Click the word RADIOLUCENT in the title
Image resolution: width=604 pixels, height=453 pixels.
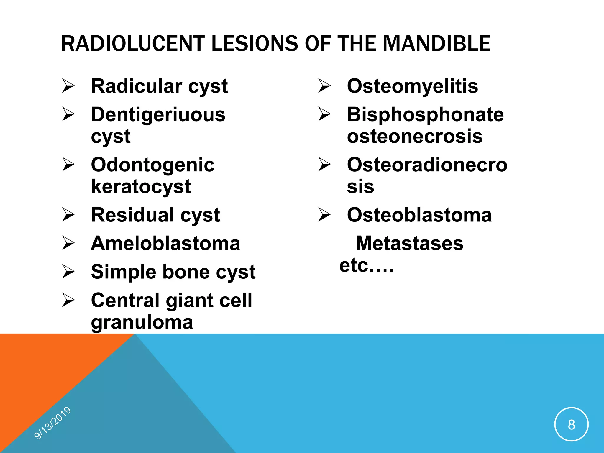click(x=132, y=44)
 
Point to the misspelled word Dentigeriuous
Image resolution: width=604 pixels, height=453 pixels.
click(x=158, y=114)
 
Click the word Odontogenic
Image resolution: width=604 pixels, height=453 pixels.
click(x=153, y=165)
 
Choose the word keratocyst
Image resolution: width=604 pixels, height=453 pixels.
click(x=141, y=186)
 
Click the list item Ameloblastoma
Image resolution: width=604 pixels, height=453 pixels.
click(x=165, y=243)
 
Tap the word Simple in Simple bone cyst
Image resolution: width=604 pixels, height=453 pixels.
click(x=124, y=272)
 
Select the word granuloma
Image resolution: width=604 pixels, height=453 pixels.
click(x=142, y=322)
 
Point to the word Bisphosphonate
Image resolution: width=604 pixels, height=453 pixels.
click(x=425, y=114)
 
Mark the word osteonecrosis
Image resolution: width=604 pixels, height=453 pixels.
click(x=415, y=136)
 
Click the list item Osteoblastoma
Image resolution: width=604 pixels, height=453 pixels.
click(x=419, y=215)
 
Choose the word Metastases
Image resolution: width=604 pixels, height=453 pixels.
click(x=409, y=243)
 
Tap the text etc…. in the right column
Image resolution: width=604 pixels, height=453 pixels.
click(x=366, y=265)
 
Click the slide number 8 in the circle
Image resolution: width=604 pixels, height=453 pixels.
click(x=571, y=425)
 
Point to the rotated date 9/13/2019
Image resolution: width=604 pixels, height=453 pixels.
click(x=52, y=423)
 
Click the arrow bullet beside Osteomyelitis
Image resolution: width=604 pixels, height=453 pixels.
click(x=324, y=86)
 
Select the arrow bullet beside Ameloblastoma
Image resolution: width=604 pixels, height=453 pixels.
click(x=68, y=243)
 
